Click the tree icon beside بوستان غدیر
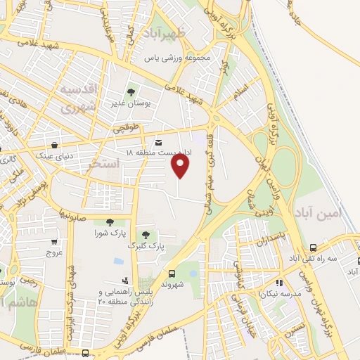pos(131,91)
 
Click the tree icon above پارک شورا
pos(110,222)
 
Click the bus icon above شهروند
pos(172,274)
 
